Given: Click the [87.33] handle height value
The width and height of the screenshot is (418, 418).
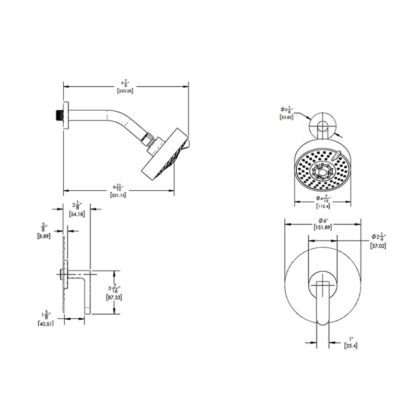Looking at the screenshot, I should [114, 297].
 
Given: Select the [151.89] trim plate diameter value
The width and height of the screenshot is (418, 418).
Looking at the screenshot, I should [323, 228].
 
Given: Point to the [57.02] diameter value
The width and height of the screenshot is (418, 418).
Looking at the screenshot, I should [378, 245].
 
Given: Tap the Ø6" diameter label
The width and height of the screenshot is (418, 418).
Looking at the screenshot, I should [323, 219].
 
